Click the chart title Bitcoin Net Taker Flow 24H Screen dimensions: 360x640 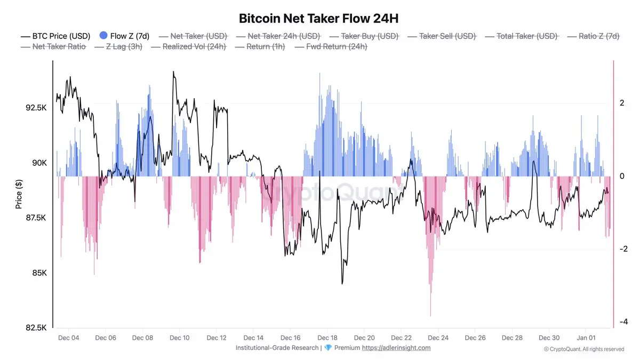319,19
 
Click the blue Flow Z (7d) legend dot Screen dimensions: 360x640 103,36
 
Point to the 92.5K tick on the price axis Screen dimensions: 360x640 36,108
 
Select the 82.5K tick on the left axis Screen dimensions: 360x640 36,328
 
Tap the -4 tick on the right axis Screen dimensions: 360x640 621,322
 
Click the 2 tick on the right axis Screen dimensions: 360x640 622,103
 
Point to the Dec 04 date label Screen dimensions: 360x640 68,338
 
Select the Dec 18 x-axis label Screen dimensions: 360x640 327,338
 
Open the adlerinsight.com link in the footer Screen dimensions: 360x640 396,348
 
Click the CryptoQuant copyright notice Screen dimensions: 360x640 583,349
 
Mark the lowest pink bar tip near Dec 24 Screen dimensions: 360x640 430,316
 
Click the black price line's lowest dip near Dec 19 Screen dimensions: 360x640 342,283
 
